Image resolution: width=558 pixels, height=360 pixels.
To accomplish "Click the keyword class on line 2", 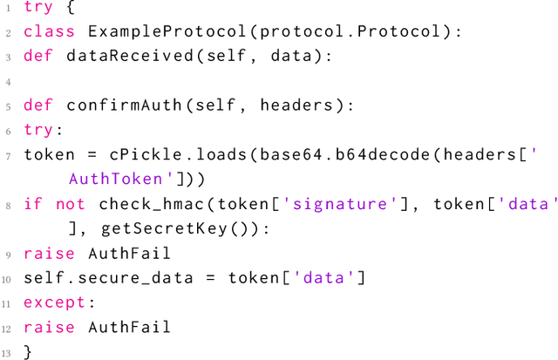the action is click(x=50, y=32).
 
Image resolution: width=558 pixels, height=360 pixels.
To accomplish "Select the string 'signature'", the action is click(x=305, y=204).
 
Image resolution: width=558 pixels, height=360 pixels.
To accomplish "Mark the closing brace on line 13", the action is click(x=28, y=351).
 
